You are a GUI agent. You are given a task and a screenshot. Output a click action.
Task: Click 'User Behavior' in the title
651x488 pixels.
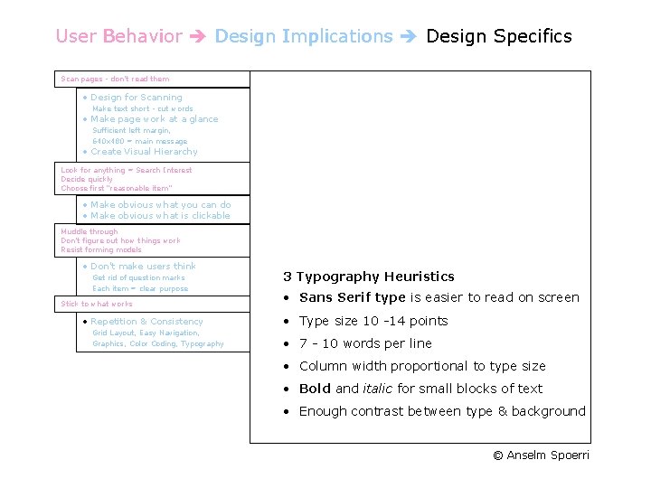click(118, 36)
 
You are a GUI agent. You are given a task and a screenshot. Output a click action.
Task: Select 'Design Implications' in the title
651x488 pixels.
click(304, 36)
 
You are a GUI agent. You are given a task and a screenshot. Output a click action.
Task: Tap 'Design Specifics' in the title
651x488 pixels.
click(498, 36)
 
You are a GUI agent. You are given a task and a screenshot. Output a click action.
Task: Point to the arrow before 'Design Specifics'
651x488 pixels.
click(410, 37)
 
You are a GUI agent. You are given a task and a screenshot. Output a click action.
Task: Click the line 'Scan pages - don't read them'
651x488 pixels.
click(115, 80)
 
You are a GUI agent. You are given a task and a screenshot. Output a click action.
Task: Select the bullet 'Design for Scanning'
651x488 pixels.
click(136, 98)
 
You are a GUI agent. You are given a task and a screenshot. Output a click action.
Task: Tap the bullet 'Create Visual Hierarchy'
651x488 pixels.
click(143, 152)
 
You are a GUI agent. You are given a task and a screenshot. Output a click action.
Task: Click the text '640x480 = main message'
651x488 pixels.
click(139, 141)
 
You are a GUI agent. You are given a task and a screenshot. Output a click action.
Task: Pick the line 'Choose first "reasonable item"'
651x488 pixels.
click(116, 188)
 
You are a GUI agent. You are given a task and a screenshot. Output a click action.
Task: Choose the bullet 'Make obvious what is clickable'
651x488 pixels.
click(160, 216)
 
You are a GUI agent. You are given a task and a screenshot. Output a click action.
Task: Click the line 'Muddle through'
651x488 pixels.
click(89, 232)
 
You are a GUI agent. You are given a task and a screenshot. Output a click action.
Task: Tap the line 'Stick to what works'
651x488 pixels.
click(96, 305)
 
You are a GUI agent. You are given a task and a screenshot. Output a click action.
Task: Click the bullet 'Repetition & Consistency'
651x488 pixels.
click(146, 322)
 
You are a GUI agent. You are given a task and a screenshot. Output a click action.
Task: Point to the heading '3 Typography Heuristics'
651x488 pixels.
click(368, 277)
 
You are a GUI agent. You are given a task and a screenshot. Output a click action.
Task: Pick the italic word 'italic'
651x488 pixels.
click(377, 389)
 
